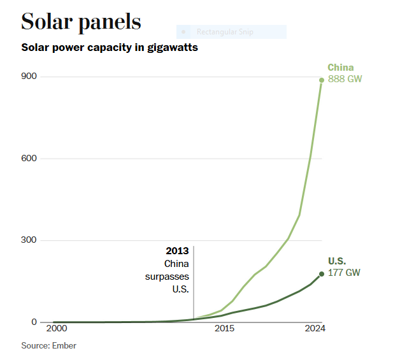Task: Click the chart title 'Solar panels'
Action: (81, 22)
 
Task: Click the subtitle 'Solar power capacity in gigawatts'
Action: (110, 48)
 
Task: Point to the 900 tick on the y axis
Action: (29, 76)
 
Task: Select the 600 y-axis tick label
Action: (29, 158)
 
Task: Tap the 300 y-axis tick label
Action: (29, 240)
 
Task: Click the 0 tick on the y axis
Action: (35, 322)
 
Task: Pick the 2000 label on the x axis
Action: (56, 329)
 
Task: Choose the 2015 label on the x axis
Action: (224, 329)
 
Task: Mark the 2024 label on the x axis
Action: (315, 329)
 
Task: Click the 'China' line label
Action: (341, 68)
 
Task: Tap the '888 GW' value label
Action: (345, 79)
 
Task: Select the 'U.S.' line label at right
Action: (337, 261)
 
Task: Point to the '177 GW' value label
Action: (344, 273)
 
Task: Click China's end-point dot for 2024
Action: (322, 80)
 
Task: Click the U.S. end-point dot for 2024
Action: (322, 274)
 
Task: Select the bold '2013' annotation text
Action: (177, 251)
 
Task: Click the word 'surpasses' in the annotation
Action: (168, 277)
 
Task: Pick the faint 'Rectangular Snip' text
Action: (224, 31)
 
